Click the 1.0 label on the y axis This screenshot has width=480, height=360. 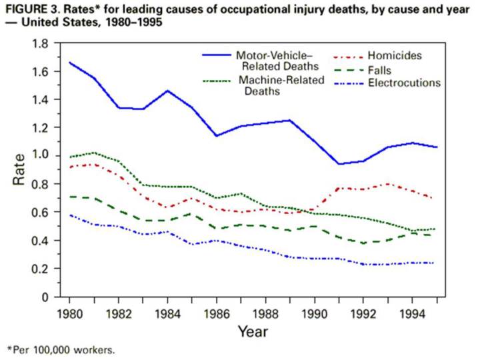[x=43, y=155]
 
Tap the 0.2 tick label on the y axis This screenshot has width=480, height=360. [x=43, y=268]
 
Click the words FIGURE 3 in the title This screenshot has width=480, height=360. [x=31, y=9]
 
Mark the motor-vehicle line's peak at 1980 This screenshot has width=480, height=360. [x=69, y=63]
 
